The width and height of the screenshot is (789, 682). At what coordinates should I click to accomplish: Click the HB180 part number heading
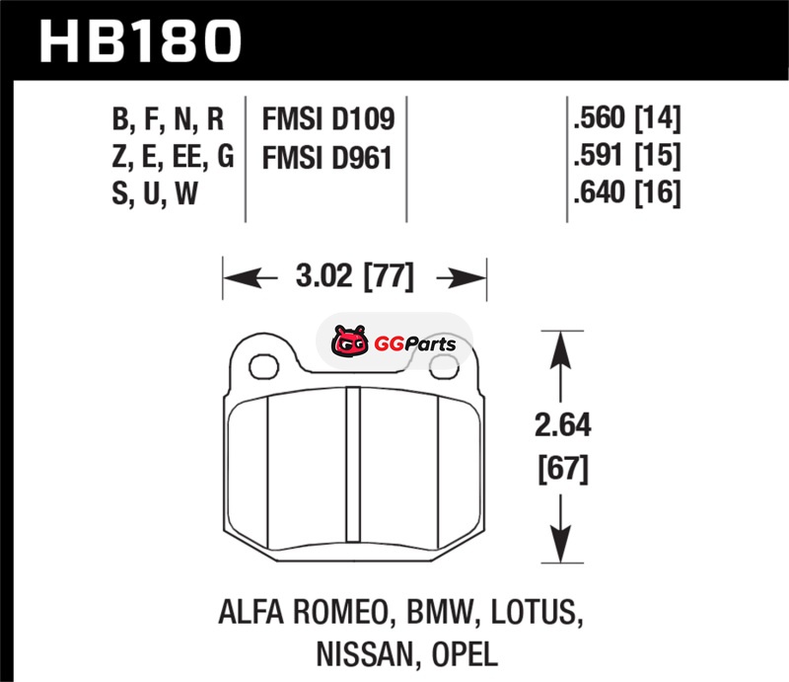click(x=140, y=40)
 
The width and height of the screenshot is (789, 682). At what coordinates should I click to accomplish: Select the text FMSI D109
click(x=328, y=118)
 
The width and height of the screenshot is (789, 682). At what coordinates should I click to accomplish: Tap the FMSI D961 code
click(x=327, y=158)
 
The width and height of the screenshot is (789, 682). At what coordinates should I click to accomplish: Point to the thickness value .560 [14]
click(x=627, y=118)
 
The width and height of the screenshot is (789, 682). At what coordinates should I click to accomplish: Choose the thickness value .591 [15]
click(x=627, y=155)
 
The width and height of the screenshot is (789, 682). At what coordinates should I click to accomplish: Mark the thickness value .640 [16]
click(x=627, y=191)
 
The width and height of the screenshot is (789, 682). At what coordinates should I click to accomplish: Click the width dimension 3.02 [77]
click(x=355, y=276)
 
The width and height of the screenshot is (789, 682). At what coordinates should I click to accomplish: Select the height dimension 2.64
click(x=562, y=424)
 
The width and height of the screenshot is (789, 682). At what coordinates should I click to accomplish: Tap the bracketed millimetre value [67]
click(x=563, y=469)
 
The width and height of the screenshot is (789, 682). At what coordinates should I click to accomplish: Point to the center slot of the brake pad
click(x=354, y=465)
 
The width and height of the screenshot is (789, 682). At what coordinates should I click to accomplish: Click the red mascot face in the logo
click(x=350, y=341)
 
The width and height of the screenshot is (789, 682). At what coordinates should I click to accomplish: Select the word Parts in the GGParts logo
click(x=430, y=344)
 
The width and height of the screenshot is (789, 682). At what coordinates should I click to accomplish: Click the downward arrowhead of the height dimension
click(x=560, y=544)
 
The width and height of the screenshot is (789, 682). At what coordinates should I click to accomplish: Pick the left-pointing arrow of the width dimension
click(x=251, y=277)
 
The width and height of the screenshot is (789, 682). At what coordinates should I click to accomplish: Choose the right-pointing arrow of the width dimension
click(x=462, y=277)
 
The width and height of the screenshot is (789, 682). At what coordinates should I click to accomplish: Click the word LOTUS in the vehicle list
click(x=537, y=613)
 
